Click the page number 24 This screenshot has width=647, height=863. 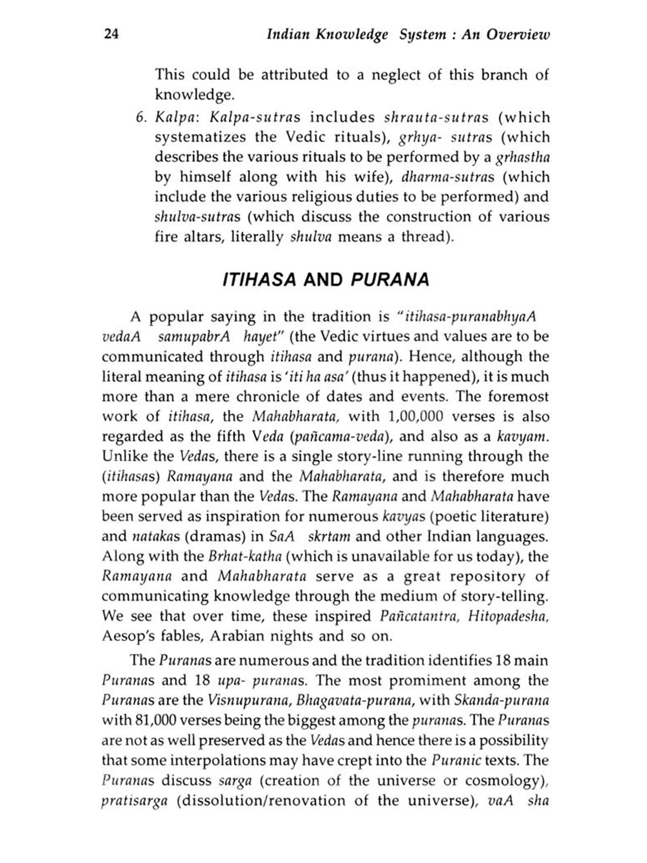tap(111, 34)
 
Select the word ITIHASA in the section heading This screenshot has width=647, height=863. tap(260, 280)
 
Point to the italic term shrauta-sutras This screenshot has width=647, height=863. tap(436, 117)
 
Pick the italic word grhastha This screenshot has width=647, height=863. tap(523, 157)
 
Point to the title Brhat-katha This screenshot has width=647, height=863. tap(245, 556)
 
